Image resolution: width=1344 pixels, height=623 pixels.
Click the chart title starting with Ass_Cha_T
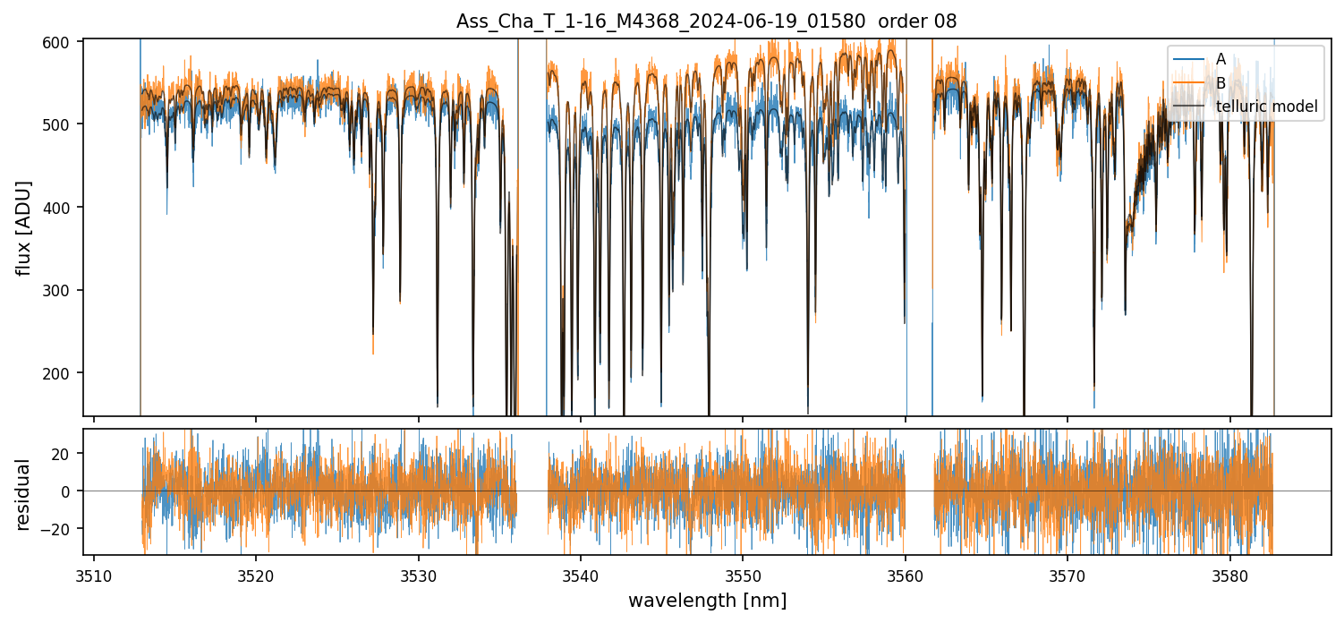click(706, 21)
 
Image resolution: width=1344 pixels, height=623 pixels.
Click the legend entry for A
click(1221, 59)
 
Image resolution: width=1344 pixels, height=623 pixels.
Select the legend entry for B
click(1221, 83)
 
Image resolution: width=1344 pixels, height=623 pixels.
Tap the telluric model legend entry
click(1266, 107)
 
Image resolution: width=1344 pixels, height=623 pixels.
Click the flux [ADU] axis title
click(23, 227)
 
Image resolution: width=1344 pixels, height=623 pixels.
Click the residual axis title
click(23, 494)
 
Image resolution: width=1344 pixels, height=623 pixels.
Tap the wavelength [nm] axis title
click(707, 601)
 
